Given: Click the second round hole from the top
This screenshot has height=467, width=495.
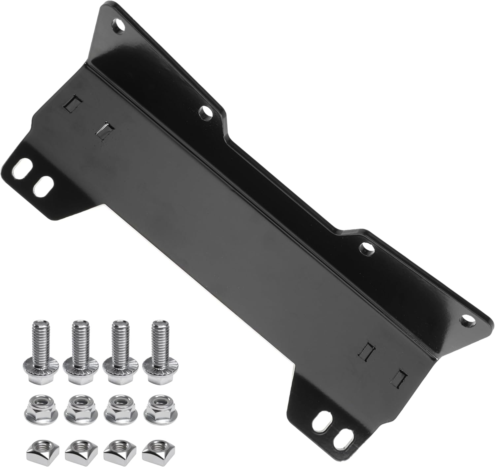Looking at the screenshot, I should [x=207, y=112].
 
